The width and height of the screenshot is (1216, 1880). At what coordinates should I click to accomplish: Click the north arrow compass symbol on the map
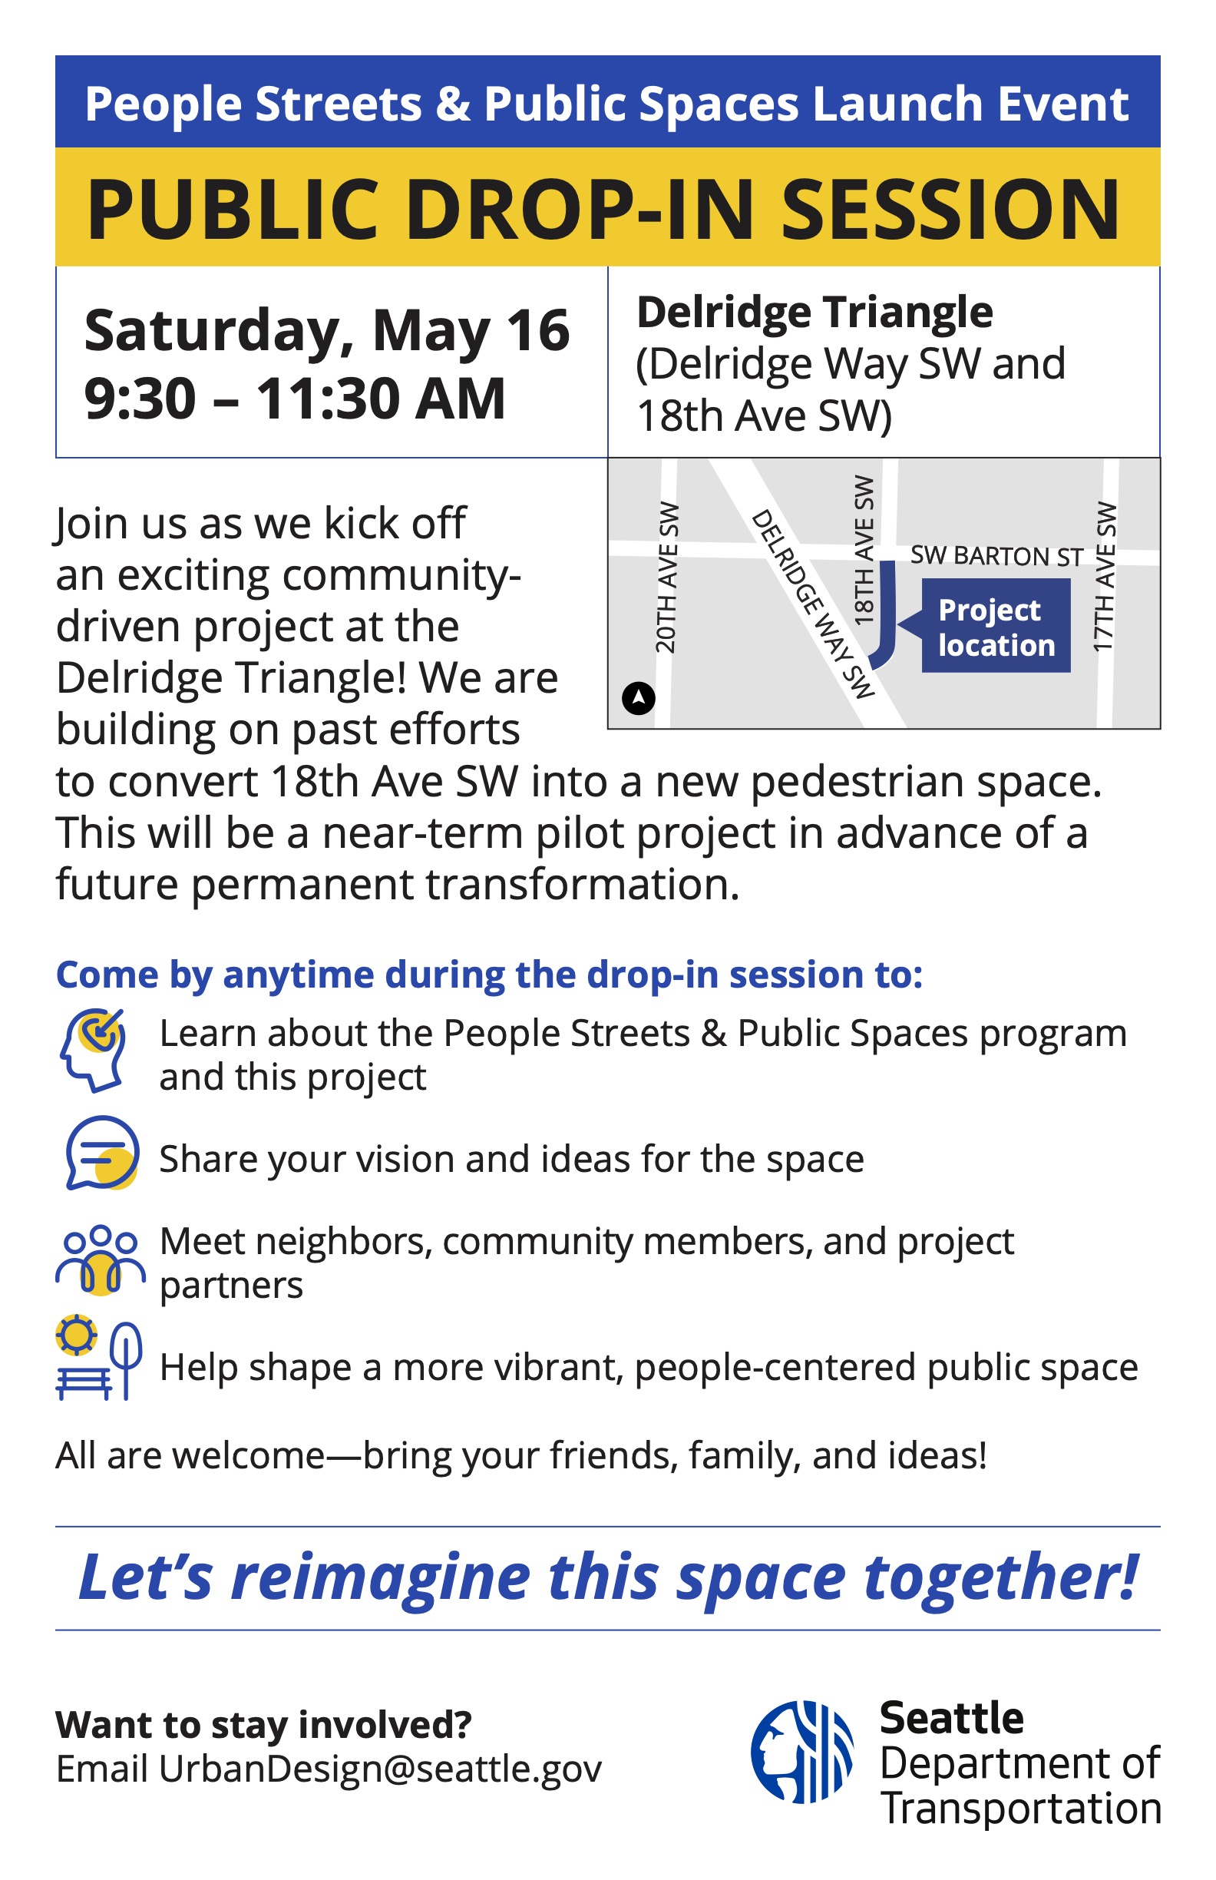[638, 698]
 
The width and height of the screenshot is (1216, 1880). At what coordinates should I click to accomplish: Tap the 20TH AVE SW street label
[667, 578]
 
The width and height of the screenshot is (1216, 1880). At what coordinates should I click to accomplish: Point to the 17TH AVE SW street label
[1105, 578]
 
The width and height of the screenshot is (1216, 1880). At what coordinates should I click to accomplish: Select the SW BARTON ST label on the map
[996, 556]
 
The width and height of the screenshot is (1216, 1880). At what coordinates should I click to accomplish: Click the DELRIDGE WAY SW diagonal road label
[813, 604]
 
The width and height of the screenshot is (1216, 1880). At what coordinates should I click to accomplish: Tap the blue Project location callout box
[996, 626]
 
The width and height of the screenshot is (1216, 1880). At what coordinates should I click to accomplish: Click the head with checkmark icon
[93, 1051]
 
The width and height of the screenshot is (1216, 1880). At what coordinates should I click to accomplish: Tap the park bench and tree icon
[99, 1357]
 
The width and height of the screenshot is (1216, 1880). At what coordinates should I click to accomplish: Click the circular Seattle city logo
[802, 1752]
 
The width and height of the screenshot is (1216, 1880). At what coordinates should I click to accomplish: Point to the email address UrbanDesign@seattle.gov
[381, 1769]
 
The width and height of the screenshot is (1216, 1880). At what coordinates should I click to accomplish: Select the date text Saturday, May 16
[327, 329]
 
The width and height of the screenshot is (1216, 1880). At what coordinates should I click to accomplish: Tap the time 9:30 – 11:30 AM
[296, 398]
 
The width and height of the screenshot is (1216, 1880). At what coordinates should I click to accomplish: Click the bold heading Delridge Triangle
[815, 312]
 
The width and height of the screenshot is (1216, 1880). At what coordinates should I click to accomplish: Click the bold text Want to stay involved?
[264, 1725]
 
